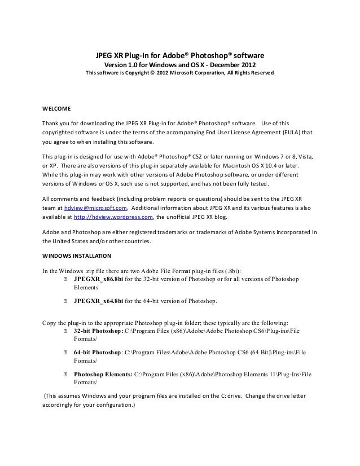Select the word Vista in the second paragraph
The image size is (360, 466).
pos(305,156)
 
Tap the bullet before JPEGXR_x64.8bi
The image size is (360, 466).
pos(65,301)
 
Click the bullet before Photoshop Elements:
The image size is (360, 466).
pos(65,374)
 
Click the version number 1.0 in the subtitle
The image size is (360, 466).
pos(131,64)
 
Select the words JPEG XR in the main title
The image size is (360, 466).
pos(108,55)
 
